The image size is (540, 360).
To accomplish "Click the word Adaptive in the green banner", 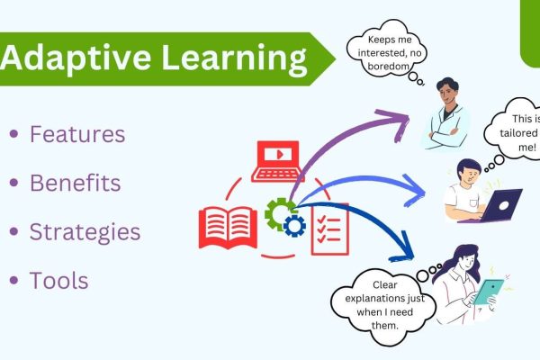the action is pos(76,58).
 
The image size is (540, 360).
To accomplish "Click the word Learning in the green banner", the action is pos(234,58).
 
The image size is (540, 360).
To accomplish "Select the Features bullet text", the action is pos(77,134).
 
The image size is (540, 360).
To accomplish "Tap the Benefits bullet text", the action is pos(75,183).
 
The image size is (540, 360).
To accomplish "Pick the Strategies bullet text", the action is pos(85,232).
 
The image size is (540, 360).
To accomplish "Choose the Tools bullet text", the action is pos(58,281).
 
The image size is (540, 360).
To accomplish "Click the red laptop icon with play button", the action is pos(276,161).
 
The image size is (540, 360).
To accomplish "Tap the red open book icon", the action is pos(228,228).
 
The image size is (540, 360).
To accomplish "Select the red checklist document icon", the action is pos(330,229).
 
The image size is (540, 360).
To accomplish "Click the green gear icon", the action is pos(279,212).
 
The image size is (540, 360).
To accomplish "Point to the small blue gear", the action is pos(294,226).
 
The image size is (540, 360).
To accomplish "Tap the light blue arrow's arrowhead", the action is pos(413,191).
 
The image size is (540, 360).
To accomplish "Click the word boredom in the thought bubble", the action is pos(388,66).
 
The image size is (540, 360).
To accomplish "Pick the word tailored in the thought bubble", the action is pos(518,133).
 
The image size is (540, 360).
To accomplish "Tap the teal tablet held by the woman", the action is pos(488,292).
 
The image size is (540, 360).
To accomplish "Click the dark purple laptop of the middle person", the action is pos(496,207).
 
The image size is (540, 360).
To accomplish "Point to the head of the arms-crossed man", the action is pos(447,91).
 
